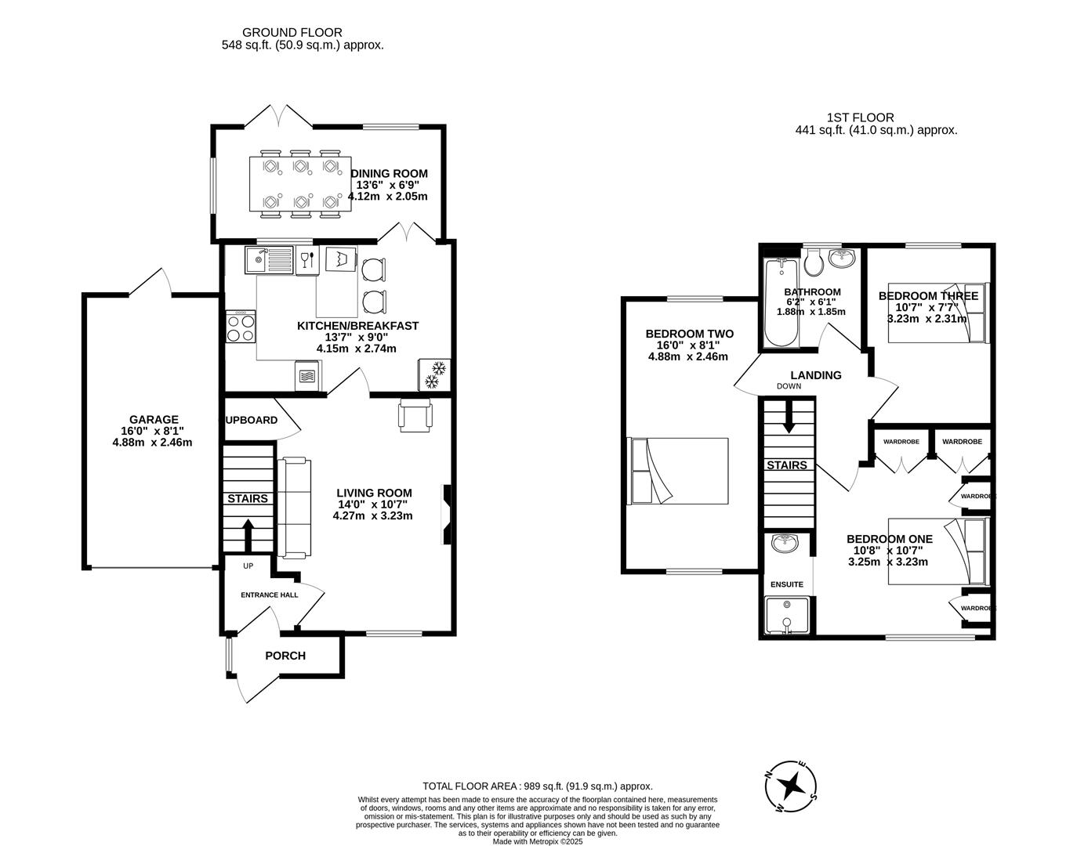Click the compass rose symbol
pos(791,786)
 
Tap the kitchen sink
pos(269,260)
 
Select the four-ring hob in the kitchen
pos(241,327)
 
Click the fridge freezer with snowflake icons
pos(434,374)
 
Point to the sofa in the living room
pos(294,508)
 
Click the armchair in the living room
pos(415,415)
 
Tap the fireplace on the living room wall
pos(447,515)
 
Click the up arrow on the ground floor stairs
pos(248,535)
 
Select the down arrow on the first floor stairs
pos(788,417)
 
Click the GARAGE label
pos(154,420)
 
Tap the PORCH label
pos(285,656)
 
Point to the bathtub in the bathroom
pos(781,302)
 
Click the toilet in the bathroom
pos(814,262)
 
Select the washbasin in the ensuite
pos(785,543)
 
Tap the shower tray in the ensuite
pos(787,615)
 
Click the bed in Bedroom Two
pos(677,471)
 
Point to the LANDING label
pos(816,375)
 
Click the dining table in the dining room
pos(300,184)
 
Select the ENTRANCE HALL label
pos(269,595)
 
